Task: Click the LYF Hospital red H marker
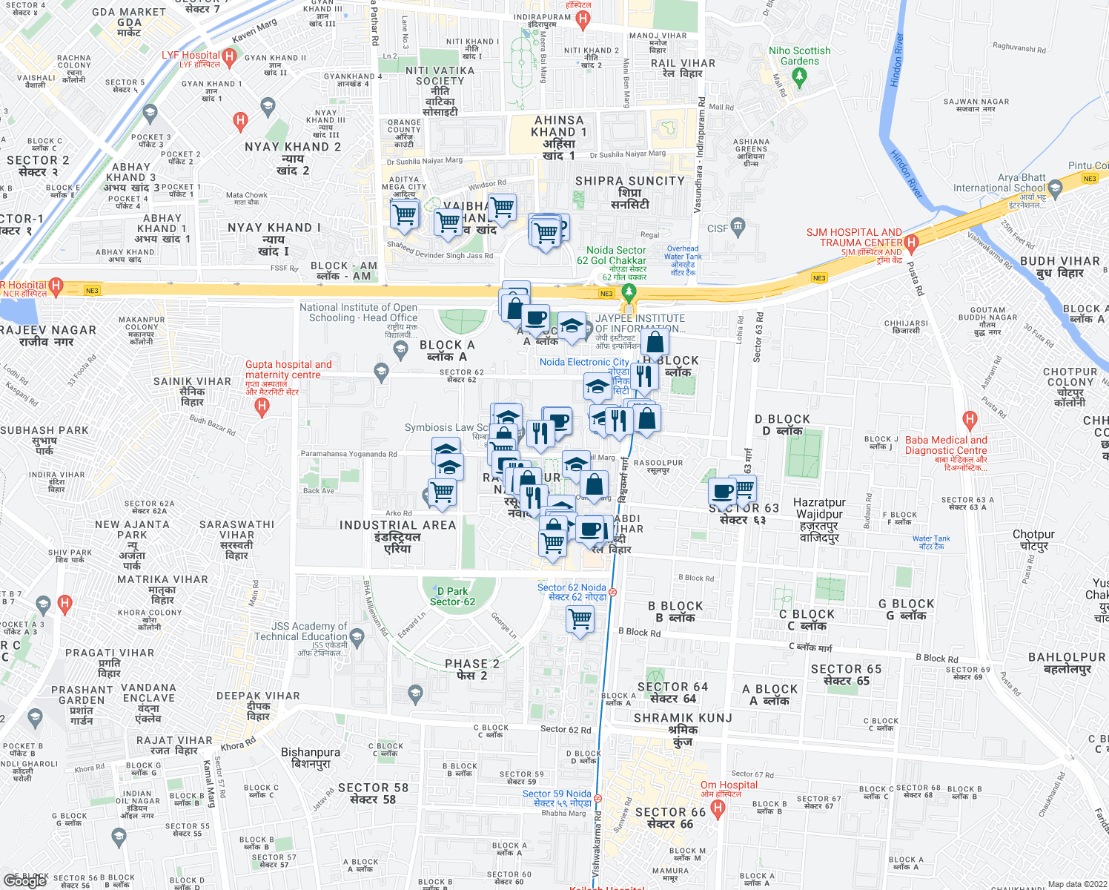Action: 230,56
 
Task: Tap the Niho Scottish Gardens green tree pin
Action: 799,75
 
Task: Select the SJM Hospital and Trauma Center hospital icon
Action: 912,242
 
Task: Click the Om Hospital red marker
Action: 717,809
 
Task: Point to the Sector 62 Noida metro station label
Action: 572,592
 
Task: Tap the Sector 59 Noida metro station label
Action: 557,798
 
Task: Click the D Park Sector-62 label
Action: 452,596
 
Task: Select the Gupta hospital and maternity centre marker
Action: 262,406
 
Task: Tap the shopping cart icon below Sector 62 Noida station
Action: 580,618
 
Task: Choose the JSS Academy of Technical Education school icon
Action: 357,636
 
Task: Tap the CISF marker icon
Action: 737,225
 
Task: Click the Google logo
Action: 25,880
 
